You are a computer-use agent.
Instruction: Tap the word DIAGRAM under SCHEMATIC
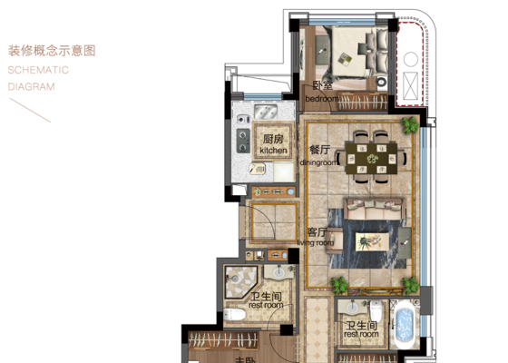31,87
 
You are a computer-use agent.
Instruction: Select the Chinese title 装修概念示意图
51,51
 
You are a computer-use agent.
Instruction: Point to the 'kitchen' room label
273,150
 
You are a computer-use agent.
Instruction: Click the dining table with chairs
373,157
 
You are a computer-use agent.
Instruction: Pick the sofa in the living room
370,211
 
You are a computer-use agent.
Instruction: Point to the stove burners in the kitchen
243,141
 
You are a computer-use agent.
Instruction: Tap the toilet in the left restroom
235,315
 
